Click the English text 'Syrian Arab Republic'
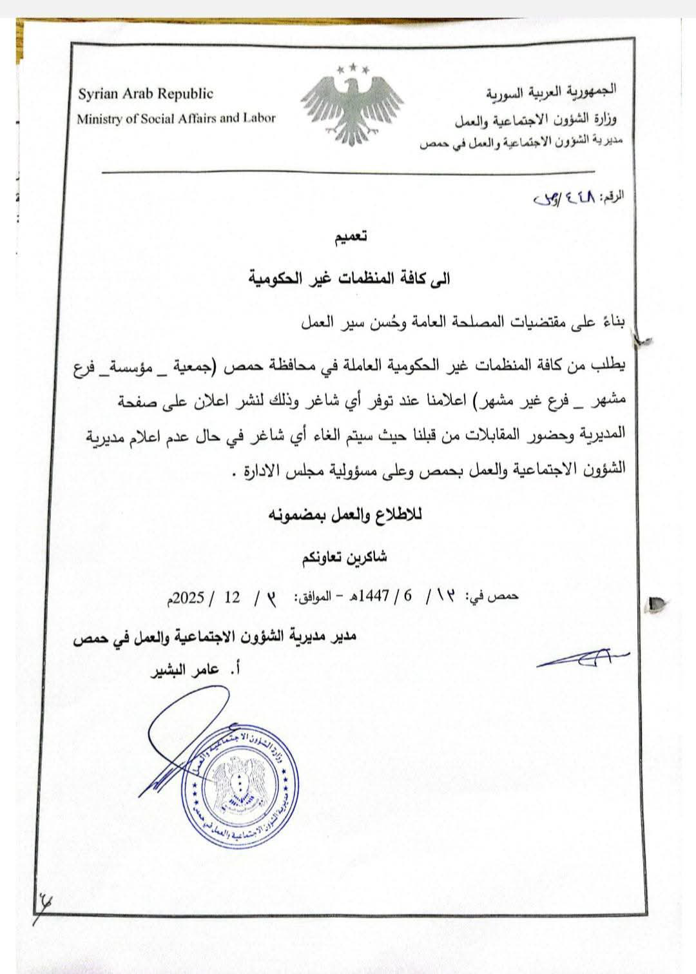pyautogui.click(x=146, y=94)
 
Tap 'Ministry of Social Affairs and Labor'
pyautogui.click(x=176, y=119)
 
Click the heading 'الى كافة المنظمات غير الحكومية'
pyautogui.click(x=350, y=278)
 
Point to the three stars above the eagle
pyautogui.click(x=352, y=67)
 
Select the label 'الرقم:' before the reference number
pyautogui.click(x=612, y=196)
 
